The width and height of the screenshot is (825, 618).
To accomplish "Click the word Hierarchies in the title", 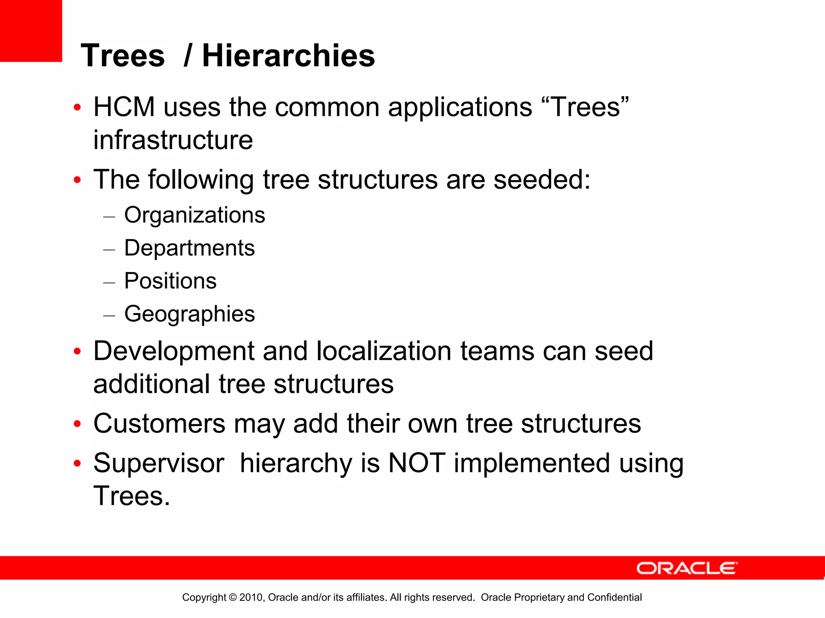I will tap(288, 56).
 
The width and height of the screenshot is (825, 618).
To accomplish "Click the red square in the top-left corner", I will tap(31, 31).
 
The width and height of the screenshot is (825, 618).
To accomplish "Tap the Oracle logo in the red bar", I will tap(687, 568).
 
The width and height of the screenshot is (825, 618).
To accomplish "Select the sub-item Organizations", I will tap(195, 215).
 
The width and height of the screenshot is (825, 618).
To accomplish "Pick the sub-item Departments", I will tap(189, 248).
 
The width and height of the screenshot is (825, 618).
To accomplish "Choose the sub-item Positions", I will tap(170, 281).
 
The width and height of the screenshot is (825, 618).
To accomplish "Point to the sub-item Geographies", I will tap(189, 314).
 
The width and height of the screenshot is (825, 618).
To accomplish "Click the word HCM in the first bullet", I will tap(124, 107).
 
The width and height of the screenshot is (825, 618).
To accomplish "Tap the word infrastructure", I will tap(173, 140).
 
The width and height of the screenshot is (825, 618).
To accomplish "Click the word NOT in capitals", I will tap(417, 463).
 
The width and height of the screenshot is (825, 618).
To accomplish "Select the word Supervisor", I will tap(159, 463).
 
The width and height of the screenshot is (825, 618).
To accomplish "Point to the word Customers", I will tap(159, 424).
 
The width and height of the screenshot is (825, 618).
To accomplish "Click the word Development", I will tap(174, 351).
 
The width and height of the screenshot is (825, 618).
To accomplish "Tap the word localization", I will tap(383, 351).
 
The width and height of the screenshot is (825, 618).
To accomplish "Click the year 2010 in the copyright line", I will tap(251, 597).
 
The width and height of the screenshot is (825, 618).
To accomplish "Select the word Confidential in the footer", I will tap(614, 597).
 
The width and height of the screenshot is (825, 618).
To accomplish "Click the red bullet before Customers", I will tap(77, 424).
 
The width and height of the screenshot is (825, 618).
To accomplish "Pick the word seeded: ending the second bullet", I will tap(542, 179).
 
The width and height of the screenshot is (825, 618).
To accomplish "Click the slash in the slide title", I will tap(187, 56).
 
